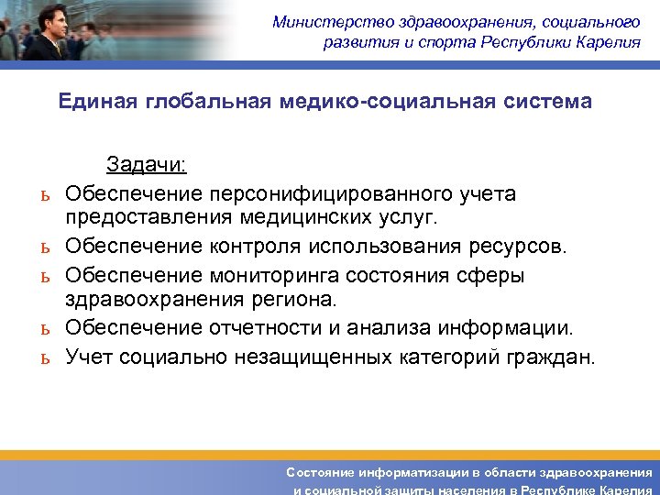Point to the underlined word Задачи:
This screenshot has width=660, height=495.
click(x=146, y=165)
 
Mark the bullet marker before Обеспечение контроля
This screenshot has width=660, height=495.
click(x=42, y=248)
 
